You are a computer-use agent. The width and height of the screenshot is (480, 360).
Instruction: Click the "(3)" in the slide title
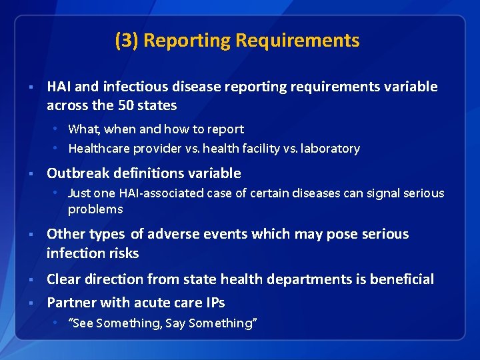[127, 41]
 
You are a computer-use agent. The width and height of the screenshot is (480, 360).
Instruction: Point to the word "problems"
[95, 209]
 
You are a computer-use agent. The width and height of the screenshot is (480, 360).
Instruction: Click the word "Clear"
[62, 279]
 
